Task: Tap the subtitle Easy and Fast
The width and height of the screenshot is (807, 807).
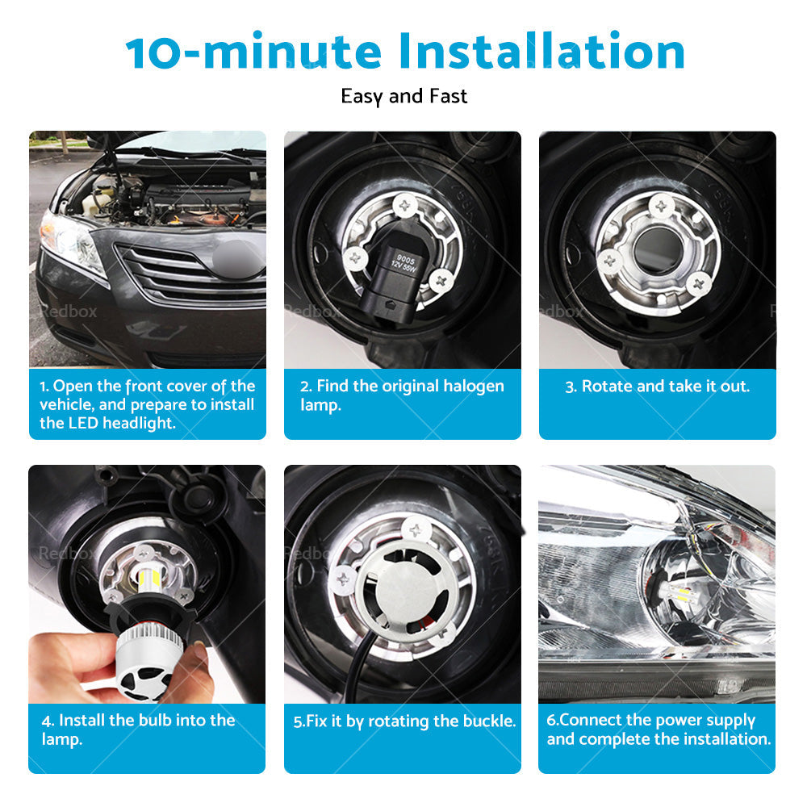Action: point(403,96)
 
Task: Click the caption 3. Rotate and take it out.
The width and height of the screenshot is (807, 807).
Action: point(657,386)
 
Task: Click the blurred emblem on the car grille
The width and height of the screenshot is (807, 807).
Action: point(236,258)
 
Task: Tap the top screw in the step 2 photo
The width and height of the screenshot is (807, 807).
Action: point(406,206)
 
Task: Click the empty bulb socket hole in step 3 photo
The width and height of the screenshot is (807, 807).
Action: point(657,250)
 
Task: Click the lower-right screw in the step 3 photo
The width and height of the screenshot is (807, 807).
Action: point(698,283)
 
